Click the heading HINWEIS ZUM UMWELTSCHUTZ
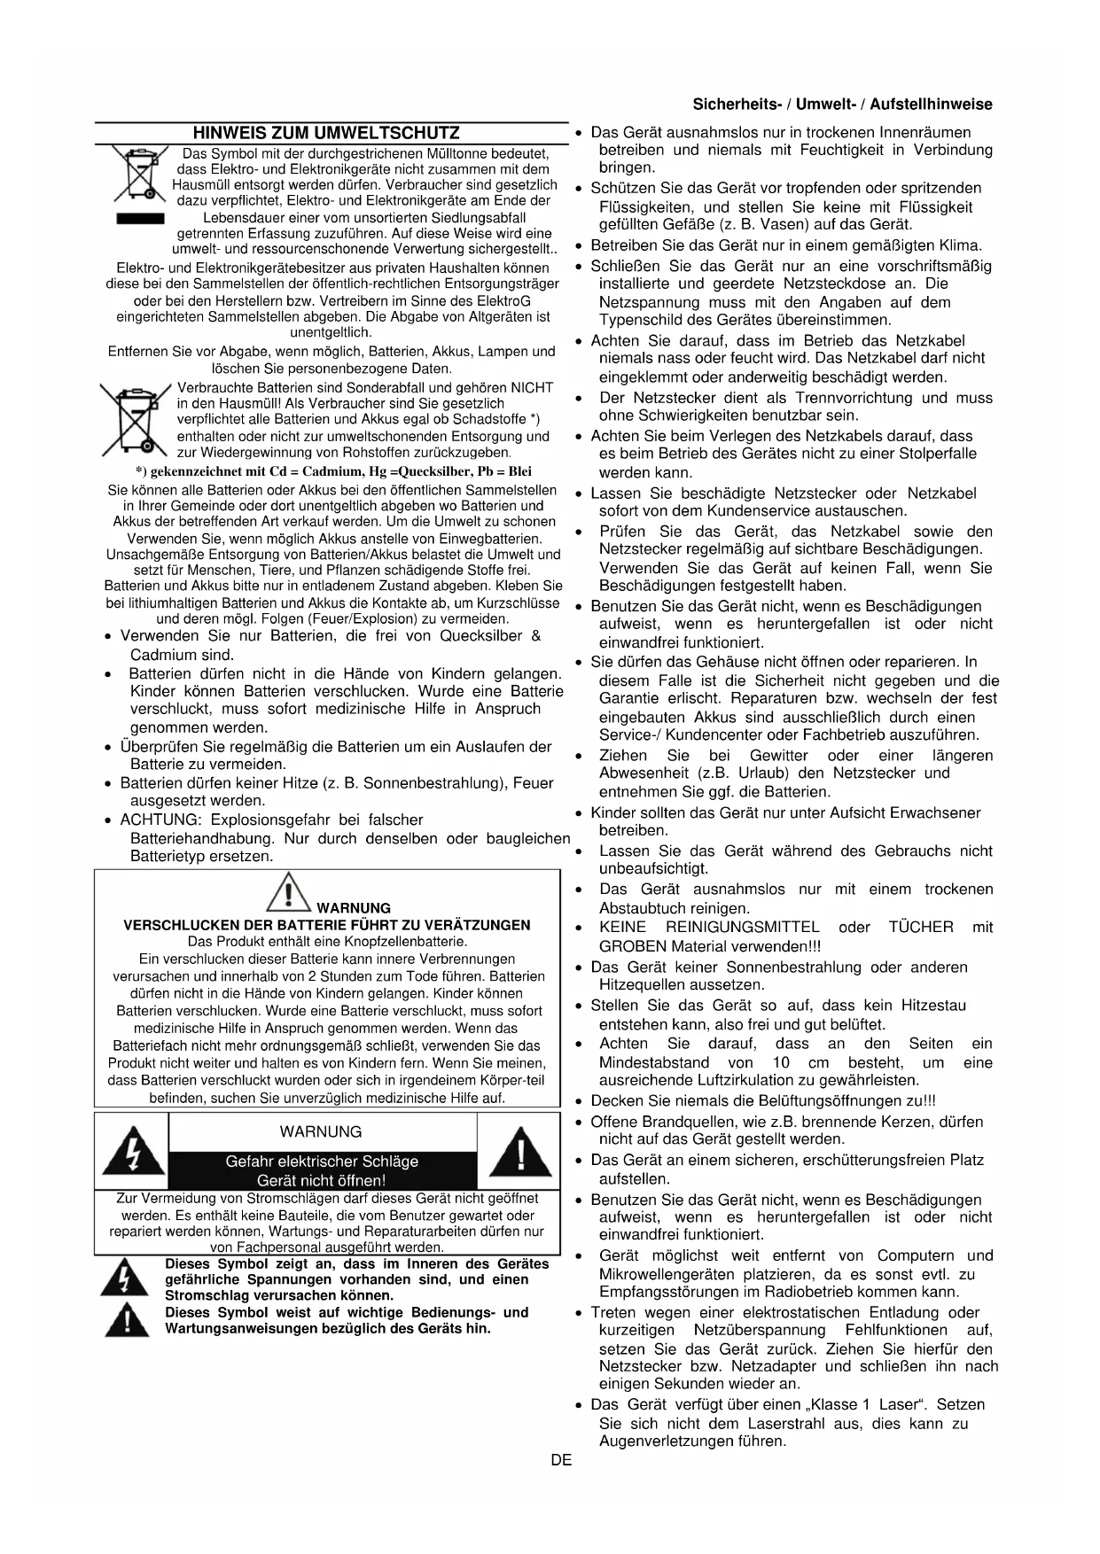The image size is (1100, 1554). [326, 134]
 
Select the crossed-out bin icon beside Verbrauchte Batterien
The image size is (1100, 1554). [136, 418]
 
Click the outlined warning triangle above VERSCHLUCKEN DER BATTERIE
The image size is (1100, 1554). [288, 891]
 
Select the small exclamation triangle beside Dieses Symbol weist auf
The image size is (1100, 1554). [125, 1321]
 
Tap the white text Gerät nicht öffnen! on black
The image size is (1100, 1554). [322, 1180]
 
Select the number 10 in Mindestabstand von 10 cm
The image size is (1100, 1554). [781, 1062]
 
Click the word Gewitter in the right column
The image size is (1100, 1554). [779, 756]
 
